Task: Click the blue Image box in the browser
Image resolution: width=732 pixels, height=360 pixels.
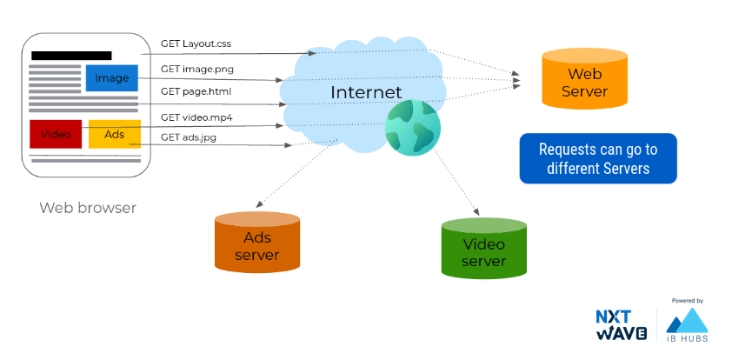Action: coord(112,78)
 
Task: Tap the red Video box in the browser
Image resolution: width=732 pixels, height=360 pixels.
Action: coord(56,134)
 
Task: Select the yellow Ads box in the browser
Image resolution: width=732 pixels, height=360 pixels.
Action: coord(114,134)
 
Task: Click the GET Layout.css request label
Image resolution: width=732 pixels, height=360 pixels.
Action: coord(196,43)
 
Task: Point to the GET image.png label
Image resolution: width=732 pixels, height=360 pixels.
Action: coord(196,68)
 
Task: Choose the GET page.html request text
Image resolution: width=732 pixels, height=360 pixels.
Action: coord(196,90)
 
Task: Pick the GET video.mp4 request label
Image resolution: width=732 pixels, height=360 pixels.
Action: coord(196,117)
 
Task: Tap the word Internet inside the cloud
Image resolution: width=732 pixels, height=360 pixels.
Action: coord(366,92)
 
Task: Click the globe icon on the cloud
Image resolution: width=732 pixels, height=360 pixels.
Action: coord(413,128)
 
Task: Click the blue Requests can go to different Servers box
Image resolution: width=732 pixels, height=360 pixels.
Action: coord(597,158)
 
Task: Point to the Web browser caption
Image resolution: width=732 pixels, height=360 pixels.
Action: coord(88,208)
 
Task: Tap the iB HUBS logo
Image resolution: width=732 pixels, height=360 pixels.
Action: coord(687,326)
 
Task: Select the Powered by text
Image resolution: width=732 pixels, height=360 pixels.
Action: coord(687,301)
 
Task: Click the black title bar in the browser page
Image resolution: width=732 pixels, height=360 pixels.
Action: coord(71,56)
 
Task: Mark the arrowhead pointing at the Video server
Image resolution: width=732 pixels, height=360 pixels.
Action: coord(477,212)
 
